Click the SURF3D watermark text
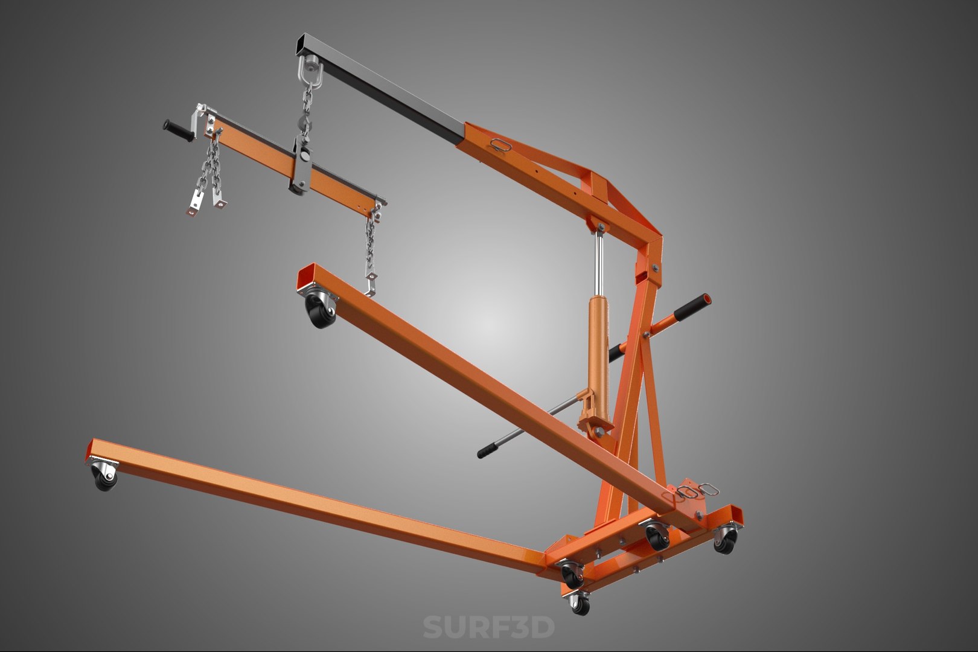pos(488,627)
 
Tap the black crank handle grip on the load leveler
pos(176,129)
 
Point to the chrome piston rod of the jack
pos(599,260)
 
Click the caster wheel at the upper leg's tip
pos(318,311)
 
